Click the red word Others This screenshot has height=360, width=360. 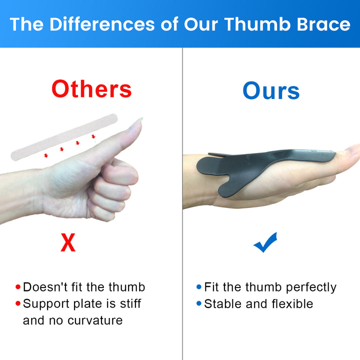(91, 89)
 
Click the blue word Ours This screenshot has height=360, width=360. (271, 91)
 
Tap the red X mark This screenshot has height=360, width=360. (68, 243)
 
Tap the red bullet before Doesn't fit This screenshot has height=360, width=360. (18, 287)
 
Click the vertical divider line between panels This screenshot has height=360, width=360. (182, 200)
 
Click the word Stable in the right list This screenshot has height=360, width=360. (221, 304)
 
